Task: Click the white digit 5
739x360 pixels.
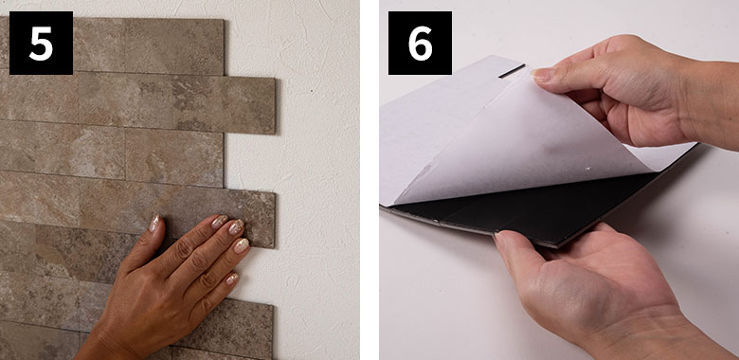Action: coord(41,43)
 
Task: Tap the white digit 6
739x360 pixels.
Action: coord(420,43)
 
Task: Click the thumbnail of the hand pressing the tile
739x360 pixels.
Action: coord(154,224)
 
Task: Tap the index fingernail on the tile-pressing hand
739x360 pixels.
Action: coord(219,222)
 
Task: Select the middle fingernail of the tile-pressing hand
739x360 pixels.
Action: coord(236,226)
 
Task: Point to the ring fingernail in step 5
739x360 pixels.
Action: coord(242,245)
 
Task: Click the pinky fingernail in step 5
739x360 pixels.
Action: coord(231,279)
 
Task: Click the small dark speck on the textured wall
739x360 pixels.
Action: coord(312,90)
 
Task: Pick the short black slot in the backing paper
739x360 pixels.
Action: coord(512,71)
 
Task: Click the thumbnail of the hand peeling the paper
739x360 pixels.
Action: coord(543,75)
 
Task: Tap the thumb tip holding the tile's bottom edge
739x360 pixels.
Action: coord(503,238)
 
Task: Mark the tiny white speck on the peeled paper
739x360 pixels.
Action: coord(587,169)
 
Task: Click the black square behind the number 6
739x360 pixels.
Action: coord(420,43)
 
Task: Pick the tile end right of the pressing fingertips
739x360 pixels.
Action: coord(264,219)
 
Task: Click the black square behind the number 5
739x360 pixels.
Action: coord(41,43)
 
